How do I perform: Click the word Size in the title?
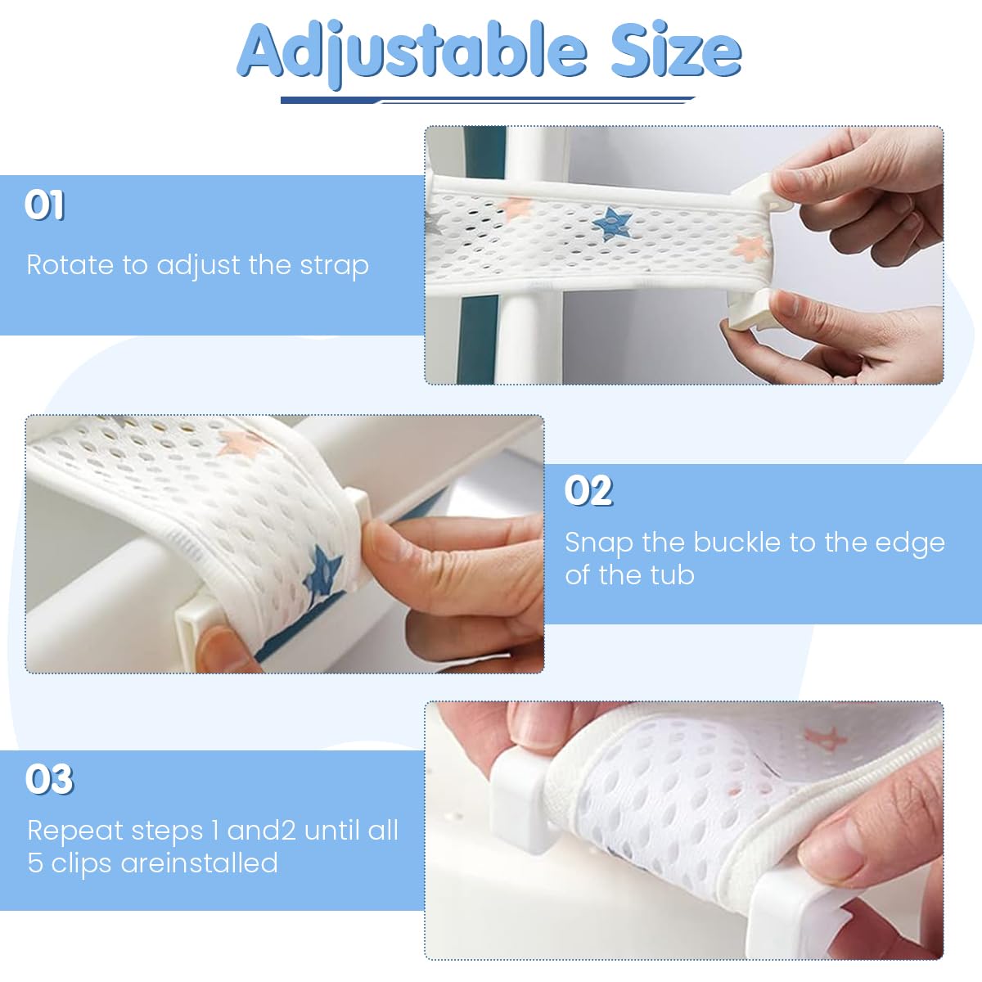pos(676,52)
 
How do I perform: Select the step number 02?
pos(588,490)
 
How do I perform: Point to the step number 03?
pos(49,779)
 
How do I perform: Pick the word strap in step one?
pos(334,266)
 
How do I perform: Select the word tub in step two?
pos(672,575)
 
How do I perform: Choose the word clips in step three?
pos(82,863)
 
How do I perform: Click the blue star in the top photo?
pos(610,223)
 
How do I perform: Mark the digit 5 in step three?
pos(35,863)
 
